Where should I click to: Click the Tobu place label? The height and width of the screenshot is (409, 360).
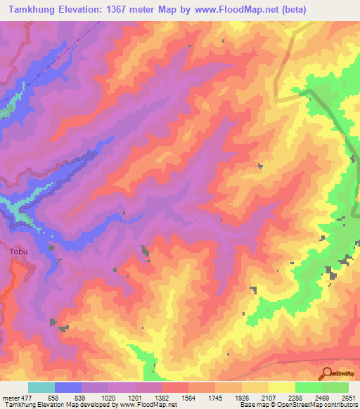[x=19, y=249]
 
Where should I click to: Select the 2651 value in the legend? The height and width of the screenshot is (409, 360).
[x=348, y=398]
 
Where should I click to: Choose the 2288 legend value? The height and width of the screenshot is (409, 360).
[x=295, y=398]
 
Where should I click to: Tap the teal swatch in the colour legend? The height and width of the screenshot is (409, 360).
[x=41, y=387]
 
